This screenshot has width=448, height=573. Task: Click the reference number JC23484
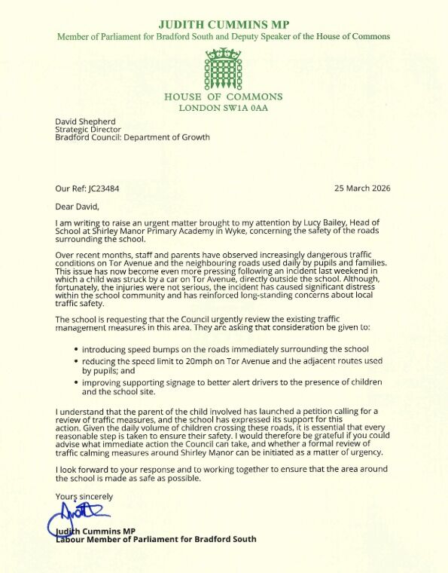coord(105,188)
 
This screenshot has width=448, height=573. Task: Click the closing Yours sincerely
coord(84,496)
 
